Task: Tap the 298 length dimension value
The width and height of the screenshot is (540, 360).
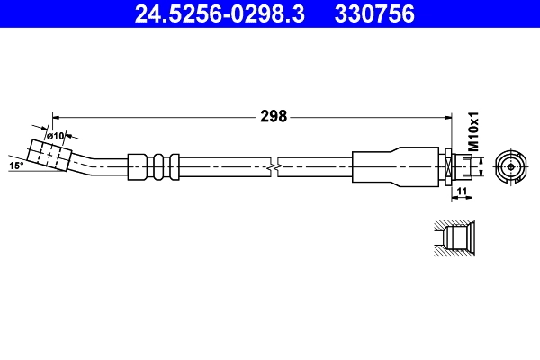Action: coord(274,115)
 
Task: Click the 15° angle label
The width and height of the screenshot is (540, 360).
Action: coord(15,166)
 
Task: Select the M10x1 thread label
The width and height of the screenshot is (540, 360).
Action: coord(473,131)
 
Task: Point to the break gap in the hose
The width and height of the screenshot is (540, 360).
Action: coord(274,166)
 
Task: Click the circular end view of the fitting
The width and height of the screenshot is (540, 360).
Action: coord(510,166)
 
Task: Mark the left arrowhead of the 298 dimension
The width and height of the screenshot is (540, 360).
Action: coord(56,115)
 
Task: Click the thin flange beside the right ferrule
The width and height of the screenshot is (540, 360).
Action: coord(446,166)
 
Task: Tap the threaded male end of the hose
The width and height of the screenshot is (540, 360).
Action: coord(461,166)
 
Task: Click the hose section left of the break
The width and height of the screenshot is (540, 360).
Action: coord(225,166)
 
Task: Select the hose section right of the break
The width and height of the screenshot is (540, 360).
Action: coord(315,166)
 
